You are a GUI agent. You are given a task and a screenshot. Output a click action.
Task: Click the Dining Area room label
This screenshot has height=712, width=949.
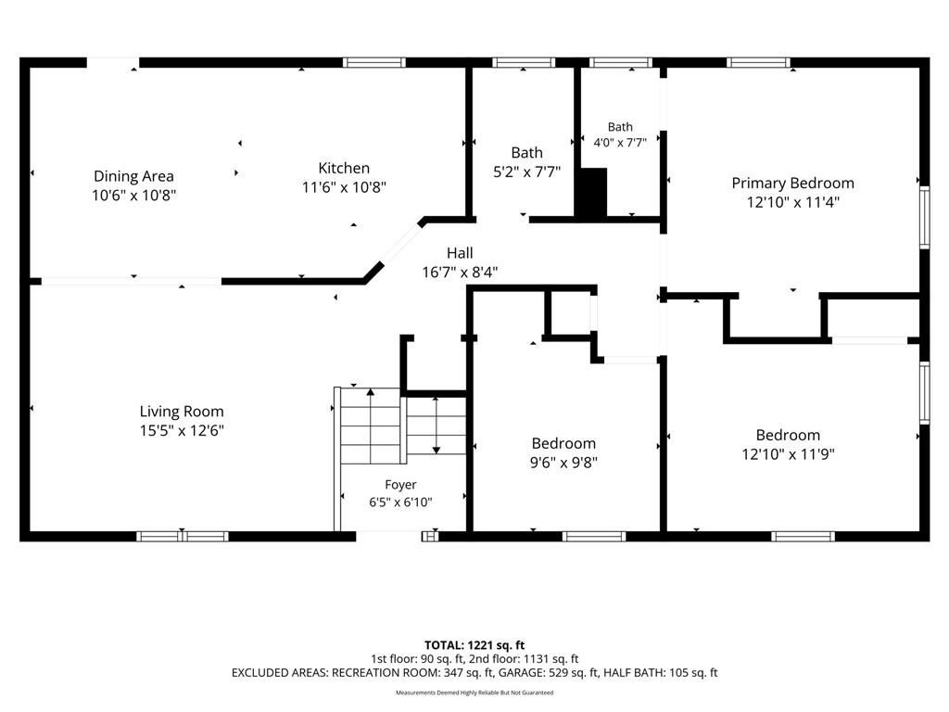[x=133, y=176]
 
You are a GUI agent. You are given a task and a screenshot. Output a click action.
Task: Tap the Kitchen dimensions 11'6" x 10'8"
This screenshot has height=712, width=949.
[x=344, y=187]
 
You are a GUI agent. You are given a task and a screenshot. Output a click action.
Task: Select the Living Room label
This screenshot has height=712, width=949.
[x=182, y=412]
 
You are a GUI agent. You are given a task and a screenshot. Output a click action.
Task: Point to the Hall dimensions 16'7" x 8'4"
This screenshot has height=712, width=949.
[x=460, y=273]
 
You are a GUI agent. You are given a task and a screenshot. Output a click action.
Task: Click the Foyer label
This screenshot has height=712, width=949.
[x=400, y=485]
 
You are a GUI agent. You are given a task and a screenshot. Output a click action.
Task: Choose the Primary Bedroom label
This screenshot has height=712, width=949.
[x=793, y=183]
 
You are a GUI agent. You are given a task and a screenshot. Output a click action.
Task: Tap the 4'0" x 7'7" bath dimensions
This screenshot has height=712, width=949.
[x=620, y=143]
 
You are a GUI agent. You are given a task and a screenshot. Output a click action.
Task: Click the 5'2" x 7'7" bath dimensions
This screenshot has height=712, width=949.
[x=526, y=172]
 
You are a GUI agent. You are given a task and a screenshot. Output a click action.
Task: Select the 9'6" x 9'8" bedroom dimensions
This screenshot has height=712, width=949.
[x=563, y=463]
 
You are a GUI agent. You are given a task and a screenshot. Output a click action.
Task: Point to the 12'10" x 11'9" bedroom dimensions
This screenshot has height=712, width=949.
[x=788, y=454]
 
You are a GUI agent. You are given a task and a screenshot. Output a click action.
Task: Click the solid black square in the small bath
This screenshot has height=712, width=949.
[x=590, y=193]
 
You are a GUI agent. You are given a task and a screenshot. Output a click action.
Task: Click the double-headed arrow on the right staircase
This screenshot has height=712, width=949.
[x=436, y=426]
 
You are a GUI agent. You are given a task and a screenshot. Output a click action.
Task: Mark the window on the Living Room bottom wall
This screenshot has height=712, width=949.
[x=183, y=537]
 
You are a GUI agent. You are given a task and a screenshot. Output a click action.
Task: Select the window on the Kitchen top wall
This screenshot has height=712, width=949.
[x=374, y=62]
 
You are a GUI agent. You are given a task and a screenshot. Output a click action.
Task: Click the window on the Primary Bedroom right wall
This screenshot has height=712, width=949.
[x=924, y=218]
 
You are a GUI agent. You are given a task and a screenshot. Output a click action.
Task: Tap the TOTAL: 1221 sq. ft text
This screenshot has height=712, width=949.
[x=474, y=645]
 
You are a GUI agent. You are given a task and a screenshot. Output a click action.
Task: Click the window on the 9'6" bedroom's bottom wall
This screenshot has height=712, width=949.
[x=594, y=537]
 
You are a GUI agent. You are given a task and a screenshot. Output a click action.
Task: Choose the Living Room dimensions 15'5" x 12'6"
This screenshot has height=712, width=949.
[x=182, y=431]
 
